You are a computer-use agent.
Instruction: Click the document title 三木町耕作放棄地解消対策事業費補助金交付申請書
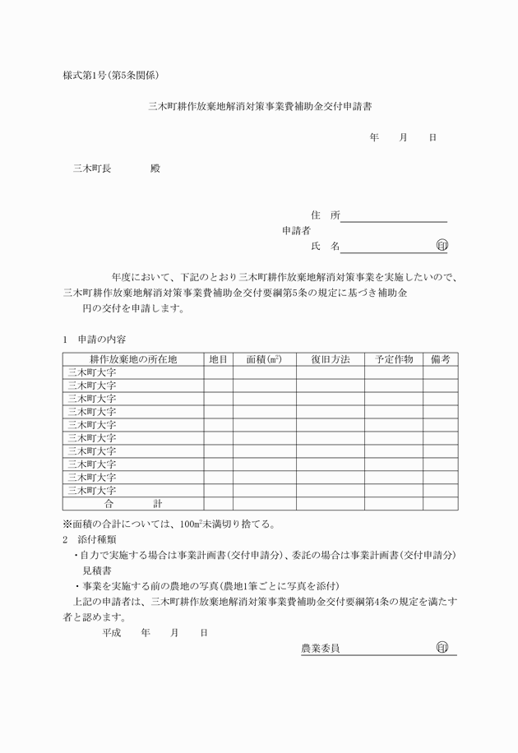(258, 106)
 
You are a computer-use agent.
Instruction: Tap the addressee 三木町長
(92, 169)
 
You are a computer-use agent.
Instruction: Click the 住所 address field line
(394, 216)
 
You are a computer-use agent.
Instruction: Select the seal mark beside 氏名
(442, 246)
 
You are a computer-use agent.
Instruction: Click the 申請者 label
(296, 231)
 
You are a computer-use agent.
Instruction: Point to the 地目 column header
(218, 359)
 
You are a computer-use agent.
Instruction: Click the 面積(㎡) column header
(264, 359)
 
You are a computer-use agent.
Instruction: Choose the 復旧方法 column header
(331, 359)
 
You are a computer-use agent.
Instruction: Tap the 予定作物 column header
(394, 359)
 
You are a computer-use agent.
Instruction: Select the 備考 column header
(440, 359)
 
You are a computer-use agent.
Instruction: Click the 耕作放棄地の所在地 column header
(133, 359)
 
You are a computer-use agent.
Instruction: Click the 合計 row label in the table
(133, 503)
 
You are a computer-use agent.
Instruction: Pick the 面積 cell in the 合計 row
(264, 503)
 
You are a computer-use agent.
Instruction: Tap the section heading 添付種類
(97, 540)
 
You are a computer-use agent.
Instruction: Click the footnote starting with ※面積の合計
(169, 523)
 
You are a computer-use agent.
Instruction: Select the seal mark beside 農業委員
(442, 648)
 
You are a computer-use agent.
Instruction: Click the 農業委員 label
(321, 649)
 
